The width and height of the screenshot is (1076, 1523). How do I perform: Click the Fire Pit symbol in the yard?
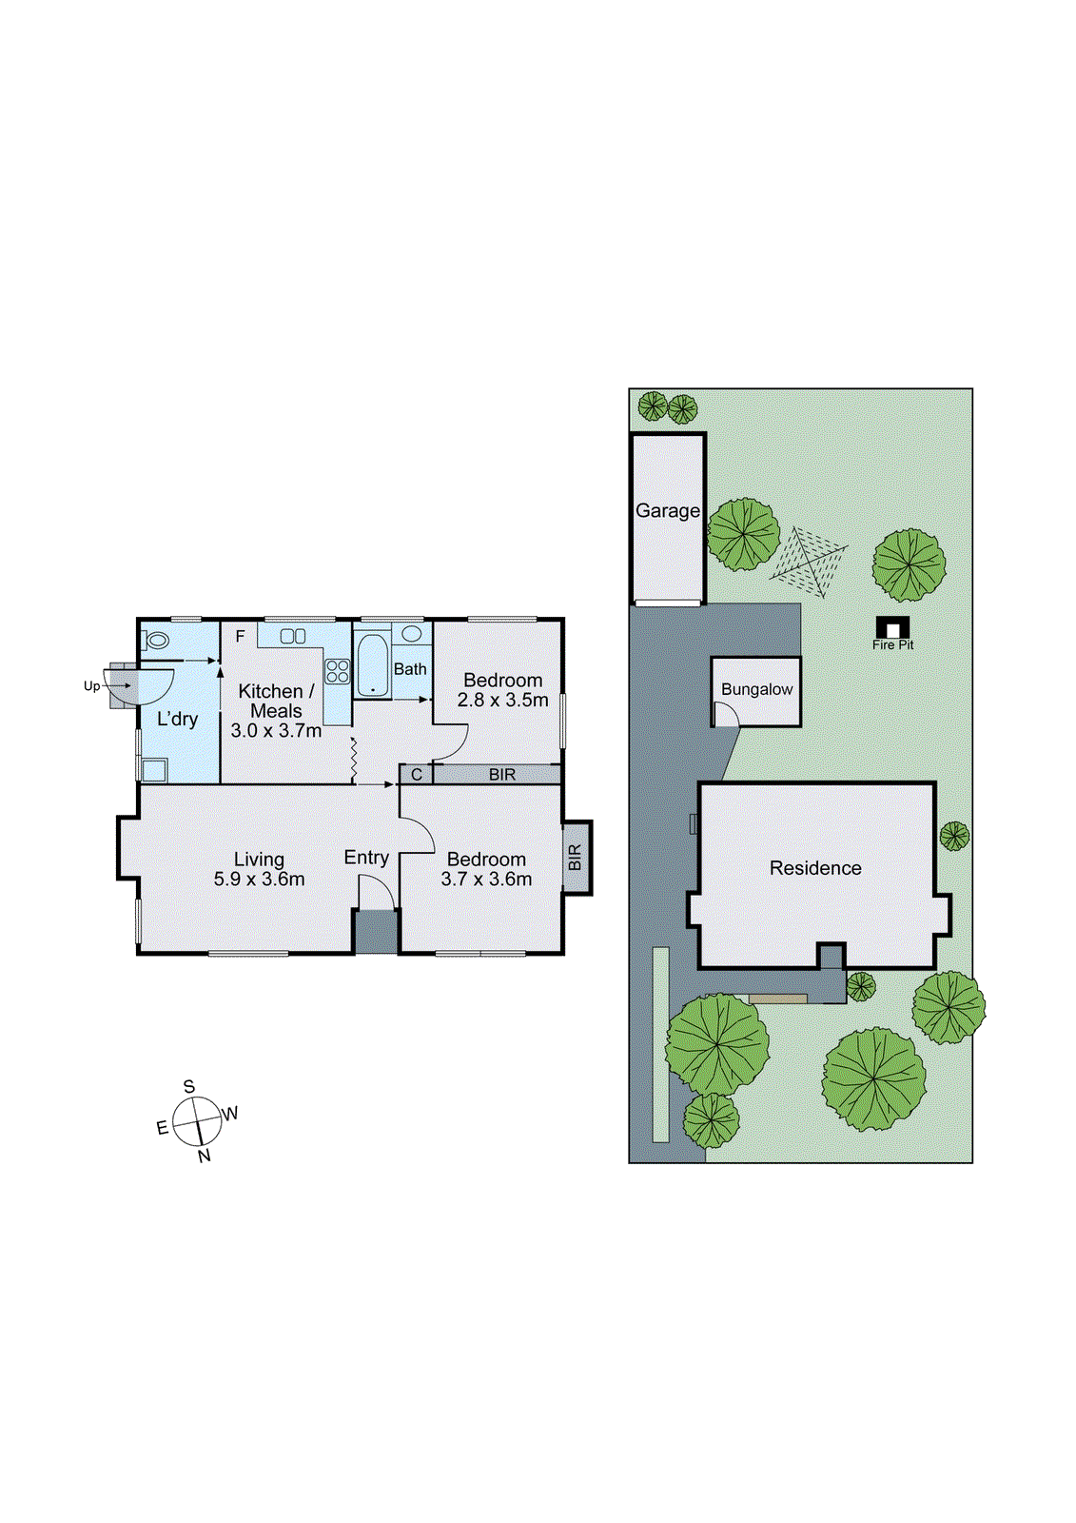[892, 628]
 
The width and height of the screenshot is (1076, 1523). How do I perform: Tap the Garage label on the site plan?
[668, 511]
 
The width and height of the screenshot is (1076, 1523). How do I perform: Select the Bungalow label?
[756, 689]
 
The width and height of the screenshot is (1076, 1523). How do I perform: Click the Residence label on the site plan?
[815, 868]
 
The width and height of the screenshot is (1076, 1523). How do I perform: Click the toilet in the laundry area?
[157, 640]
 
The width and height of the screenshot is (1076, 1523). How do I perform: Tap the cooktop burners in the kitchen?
[337, 671]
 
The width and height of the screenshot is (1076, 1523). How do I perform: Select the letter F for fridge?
[241, 636]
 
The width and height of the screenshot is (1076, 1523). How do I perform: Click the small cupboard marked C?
[416, 775]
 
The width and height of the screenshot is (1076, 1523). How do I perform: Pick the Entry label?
[366, 858]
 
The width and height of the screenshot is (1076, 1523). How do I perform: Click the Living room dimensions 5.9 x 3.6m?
[259, 880]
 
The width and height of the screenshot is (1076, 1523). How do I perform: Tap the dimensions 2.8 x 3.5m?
[502, 701]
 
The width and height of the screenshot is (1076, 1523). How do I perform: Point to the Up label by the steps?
[91, 685]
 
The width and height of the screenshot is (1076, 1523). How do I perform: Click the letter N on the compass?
[205, 1156]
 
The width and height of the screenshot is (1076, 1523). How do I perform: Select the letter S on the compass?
[189, 1087]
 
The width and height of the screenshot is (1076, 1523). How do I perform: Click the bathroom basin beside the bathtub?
[412, 634]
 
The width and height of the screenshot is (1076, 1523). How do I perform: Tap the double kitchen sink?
[293, 636]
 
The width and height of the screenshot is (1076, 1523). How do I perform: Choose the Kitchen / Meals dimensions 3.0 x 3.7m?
[276, 731]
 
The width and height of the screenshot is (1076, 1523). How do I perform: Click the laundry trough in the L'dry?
[154, 769]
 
